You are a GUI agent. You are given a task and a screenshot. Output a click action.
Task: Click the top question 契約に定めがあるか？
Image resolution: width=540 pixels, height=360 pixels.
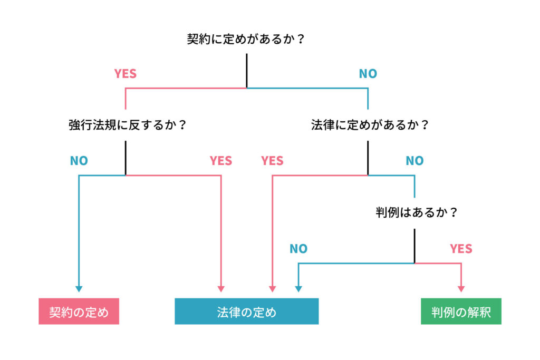pyautogui.click(x=246, y=39)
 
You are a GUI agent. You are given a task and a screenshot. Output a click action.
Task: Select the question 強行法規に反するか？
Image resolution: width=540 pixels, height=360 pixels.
pyautogui.click(x=128, y=124)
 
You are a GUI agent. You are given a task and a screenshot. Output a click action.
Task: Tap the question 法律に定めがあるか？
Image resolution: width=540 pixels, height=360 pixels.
pyautogui.click(x=370, y=124)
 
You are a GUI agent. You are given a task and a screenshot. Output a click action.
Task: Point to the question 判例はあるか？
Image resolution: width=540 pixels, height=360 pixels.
pyautogui.click(x=417, y=212)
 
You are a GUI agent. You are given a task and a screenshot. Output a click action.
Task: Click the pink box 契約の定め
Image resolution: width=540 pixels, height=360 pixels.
pyautogui.click(x=79, y=311)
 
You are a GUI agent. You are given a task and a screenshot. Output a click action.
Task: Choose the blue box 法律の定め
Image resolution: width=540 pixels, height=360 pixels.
pyautogui.click(x=247, y=311)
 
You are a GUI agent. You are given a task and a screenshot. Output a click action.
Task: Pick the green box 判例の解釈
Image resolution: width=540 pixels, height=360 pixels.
pyautogui.click(x=461, y=311)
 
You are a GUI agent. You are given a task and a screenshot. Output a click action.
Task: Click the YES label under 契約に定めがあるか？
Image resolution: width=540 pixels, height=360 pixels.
pyautogui.click(x=126, y=74)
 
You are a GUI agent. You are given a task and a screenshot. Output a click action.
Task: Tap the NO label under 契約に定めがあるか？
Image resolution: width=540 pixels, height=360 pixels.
pyautogui.click(x=368, y=74)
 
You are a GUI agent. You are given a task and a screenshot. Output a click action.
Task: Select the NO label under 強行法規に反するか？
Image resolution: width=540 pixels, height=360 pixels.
pyautogui.click(x=79, y=161)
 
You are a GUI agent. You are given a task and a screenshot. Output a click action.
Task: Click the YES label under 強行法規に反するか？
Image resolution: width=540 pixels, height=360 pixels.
pyautogui.click(x=221, y=161)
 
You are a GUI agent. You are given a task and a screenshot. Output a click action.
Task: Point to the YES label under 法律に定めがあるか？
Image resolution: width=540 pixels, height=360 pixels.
pyautogui.click(x=272, y=161)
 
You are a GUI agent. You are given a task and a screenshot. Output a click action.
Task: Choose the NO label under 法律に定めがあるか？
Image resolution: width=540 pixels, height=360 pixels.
pyautogui.click(x=414, y=161)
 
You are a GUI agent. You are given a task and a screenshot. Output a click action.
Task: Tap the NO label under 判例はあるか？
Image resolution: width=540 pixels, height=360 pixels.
pyautogui.click(x=298, y=248)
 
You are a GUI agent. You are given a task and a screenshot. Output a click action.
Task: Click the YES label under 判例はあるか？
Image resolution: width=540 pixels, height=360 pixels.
pyautogui.click(x=461, y=248)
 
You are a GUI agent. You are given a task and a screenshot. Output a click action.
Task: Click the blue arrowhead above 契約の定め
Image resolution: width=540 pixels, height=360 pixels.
pyautogui.click(x=79, y=289)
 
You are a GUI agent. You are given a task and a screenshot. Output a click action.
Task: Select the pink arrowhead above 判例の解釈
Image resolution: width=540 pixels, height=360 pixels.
pyautogui.click(x=461, y=289)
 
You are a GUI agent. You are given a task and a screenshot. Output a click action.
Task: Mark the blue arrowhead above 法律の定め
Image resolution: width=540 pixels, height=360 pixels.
pyautogui.click(x=298, y=289)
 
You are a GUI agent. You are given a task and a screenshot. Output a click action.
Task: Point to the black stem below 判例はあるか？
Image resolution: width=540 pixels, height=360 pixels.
pyautogui.click(x=414, y=246)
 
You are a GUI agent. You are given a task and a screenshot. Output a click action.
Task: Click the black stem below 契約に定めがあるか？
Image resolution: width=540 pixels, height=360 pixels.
pyautogui.click(x=247, y=71)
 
